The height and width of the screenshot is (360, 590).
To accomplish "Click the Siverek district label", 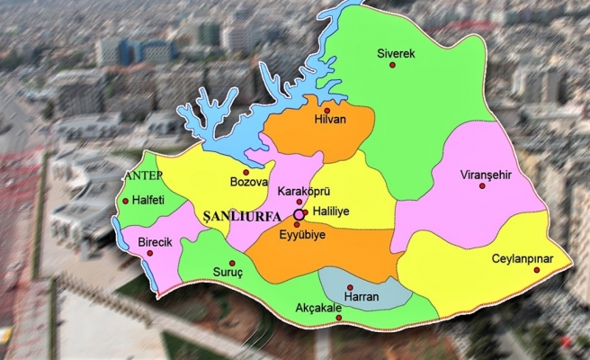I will tap(395, 54).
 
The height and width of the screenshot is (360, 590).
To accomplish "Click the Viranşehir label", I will tap(484, 175).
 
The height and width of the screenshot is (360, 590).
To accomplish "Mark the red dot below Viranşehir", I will tap(482, 186).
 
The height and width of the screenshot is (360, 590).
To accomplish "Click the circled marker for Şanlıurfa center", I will tap(299, 216).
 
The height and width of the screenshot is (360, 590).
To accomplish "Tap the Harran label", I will tap(362, 296).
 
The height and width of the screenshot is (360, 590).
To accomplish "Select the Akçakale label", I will tap(318, 307).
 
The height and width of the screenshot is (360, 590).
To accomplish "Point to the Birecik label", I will tap(155, 242).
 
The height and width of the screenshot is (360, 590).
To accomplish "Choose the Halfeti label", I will tap(151, 200).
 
